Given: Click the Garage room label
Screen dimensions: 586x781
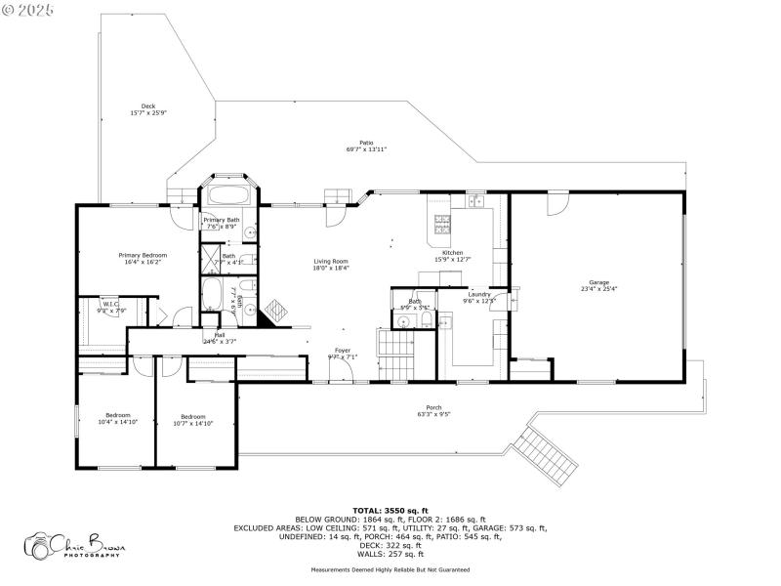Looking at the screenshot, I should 598,282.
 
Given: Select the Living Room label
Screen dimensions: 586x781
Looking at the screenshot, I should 331,261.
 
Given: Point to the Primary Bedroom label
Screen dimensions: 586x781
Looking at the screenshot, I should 137,255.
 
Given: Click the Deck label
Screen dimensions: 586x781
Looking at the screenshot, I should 148,106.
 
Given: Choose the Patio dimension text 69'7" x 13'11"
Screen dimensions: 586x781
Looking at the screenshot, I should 366,149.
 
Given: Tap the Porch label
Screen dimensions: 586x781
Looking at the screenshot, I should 433,407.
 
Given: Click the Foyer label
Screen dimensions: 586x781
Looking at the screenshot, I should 343,350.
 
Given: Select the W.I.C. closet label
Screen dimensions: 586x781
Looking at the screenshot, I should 110,304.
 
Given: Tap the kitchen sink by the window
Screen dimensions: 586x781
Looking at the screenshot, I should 475,202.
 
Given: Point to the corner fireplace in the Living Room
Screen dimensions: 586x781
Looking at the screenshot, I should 276,311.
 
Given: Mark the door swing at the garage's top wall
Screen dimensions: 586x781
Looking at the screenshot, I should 555,202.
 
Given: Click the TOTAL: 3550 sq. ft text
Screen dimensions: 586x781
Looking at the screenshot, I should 390,511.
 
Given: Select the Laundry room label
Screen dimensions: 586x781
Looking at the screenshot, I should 478,294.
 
